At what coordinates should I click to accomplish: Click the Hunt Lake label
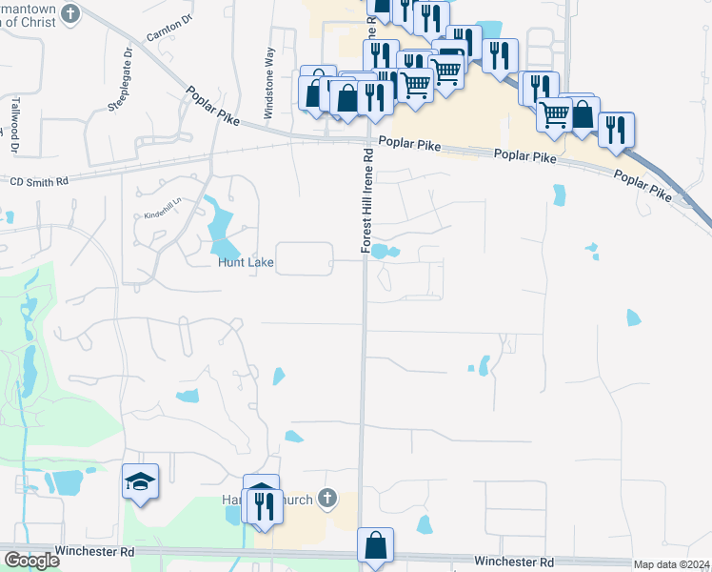pyautogui.click(x=247, y=263)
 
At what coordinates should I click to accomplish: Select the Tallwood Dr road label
pyautogui.click(x=15, y=125)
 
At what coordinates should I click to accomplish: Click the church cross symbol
pyautogui.click(x=327, y=497)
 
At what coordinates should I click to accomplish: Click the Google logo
pyautogui.click(x=30, y=561)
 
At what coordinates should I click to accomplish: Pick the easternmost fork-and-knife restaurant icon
pyautogui.click(x=616, y=128)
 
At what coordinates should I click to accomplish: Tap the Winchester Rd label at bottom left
pyautogui.click(x=94, y=551)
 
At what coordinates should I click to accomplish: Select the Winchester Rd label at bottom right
pyautogui.click(x=520, y=562)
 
